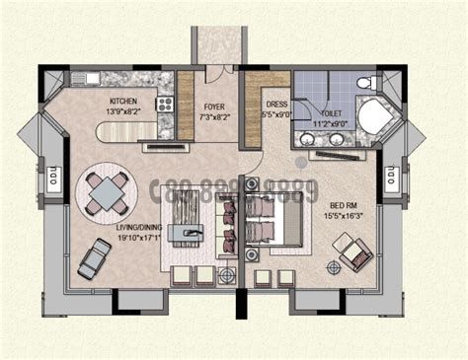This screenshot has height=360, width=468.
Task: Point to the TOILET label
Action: click(x=330, y=114)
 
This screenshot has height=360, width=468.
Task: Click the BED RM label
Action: click(x=346, y=205)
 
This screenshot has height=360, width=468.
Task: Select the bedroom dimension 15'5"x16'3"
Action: click(x=346, y=216)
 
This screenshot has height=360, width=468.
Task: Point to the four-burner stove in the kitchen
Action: click(x=165, y=103)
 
